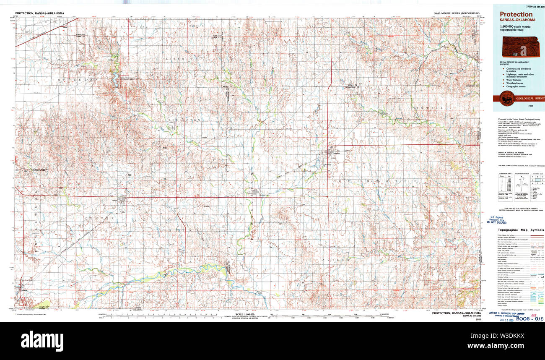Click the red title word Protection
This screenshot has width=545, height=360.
coord(516,14)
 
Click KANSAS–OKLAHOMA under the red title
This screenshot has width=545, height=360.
coord(517,20)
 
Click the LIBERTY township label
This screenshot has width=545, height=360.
coord(176,59)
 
